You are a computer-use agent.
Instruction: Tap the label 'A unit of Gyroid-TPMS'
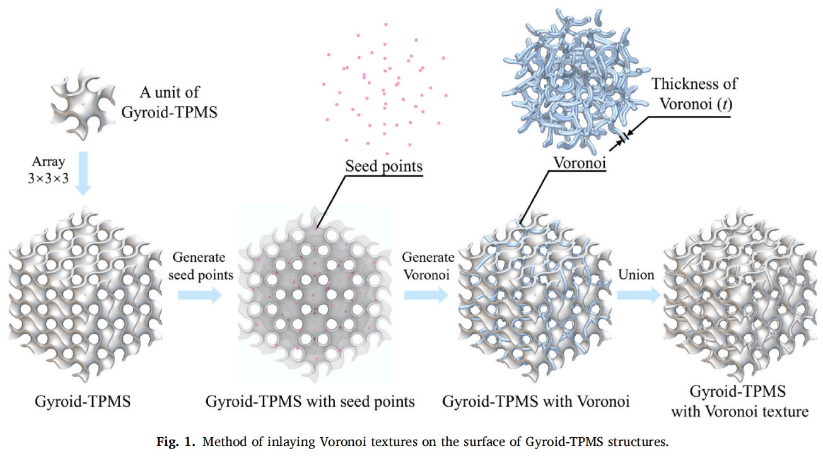(169, 101)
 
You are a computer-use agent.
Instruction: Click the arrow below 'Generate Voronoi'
(426, 295)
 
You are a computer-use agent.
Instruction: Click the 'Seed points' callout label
(383, 167)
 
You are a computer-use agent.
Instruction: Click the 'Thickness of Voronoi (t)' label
(694, 93)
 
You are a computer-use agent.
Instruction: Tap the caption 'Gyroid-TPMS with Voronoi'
(535, 401)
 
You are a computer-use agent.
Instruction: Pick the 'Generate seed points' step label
(199, 266)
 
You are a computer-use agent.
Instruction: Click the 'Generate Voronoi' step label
(428, 266)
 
